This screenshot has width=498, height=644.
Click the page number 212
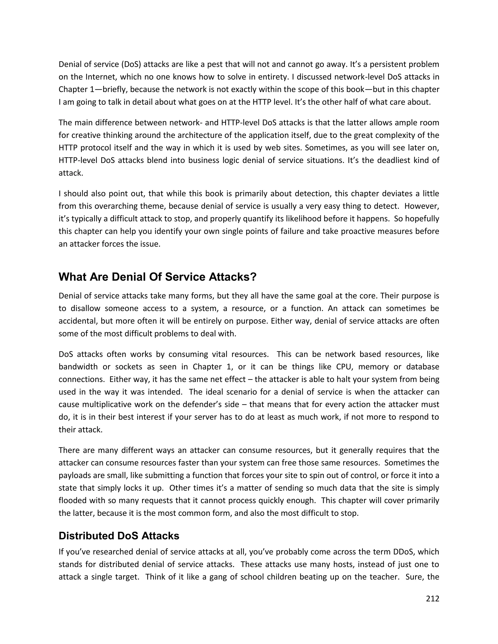coord(433,599)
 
